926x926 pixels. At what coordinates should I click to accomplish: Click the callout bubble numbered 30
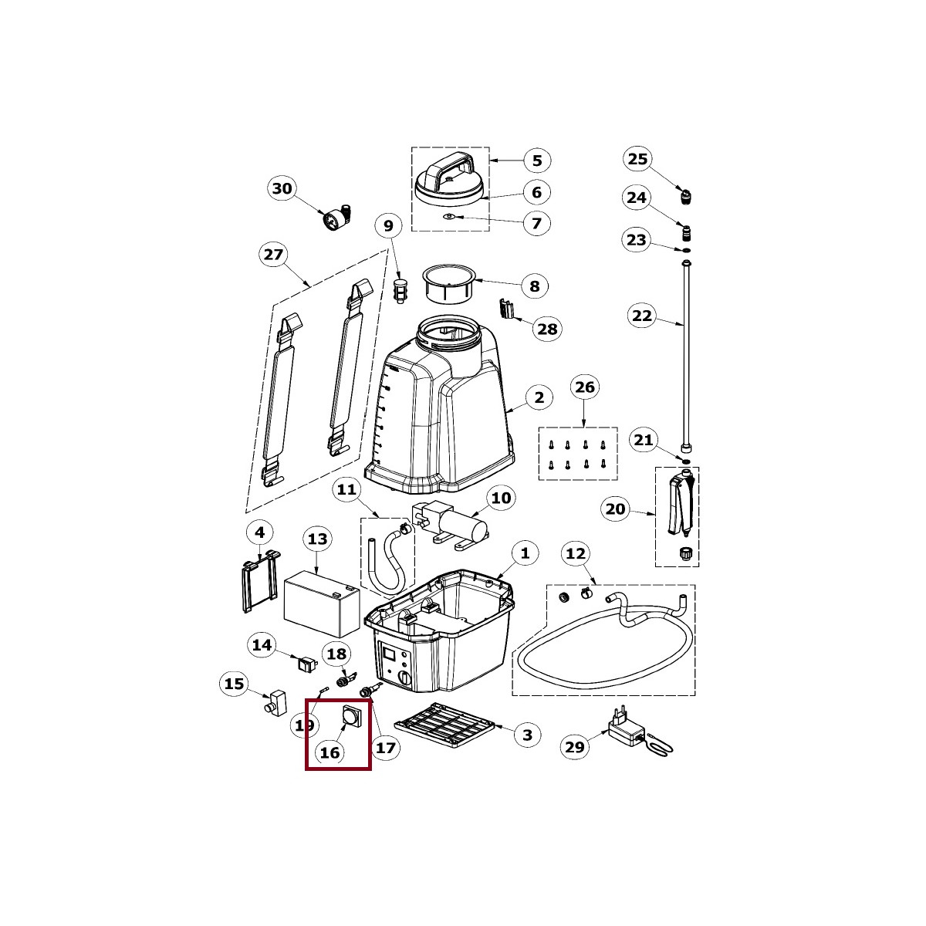pyautogui.click(x=282, y=188)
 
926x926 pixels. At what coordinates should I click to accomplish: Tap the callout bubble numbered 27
pyautogui.click(x=274, y=255)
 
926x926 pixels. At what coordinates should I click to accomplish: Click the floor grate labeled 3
pyautogui.click(x=443, y=726)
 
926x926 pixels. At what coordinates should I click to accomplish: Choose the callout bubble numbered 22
pyautogui.click(x=642, y=316)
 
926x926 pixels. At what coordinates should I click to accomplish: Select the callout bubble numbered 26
pyautogui.click(x=586, y=387)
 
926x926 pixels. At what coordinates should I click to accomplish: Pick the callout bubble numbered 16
pyautogui.click(x=330, y=752)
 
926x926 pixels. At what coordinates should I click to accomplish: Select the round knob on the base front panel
pyautogui.click(x=404, y=677)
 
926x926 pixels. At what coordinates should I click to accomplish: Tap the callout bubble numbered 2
pyautogui.click(x=539, y=398)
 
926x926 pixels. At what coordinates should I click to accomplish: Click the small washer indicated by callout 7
pyautogui.click(x=448, y=218)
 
